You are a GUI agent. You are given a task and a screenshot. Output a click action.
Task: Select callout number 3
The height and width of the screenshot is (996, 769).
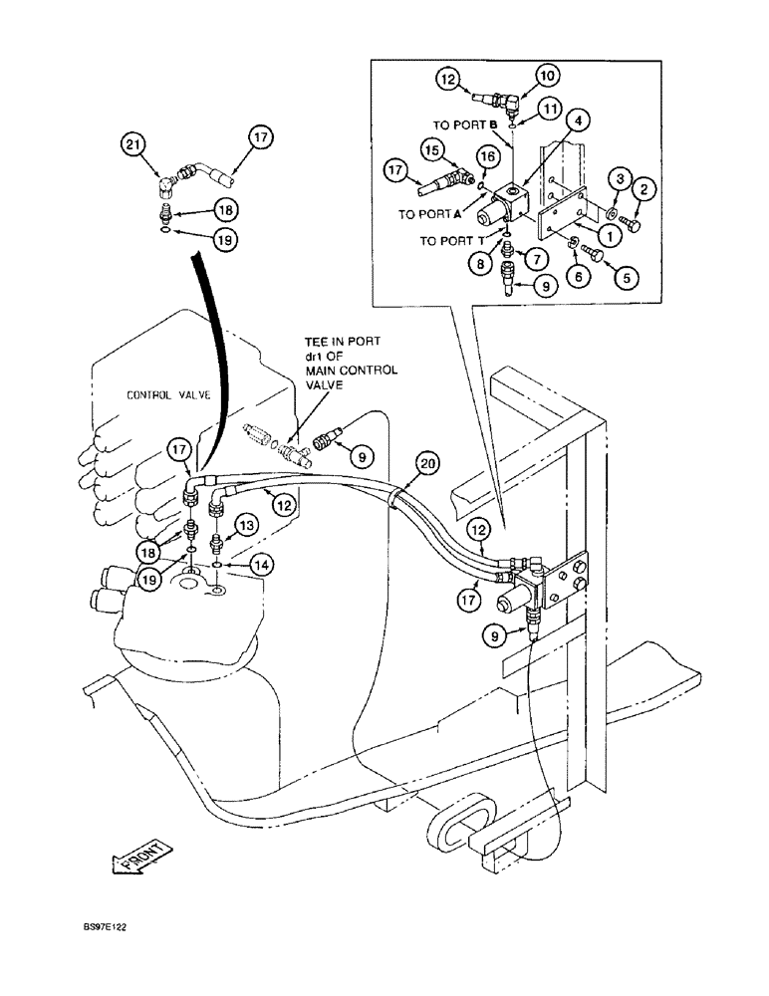tap(620, 179)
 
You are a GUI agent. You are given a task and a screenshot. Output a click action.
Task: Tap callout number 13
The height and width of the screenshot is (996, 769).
tap(246, 525)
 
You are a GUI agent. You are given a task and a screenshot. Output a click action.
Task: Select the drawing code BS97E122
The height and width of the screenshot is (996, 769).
tap(105, 925)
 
